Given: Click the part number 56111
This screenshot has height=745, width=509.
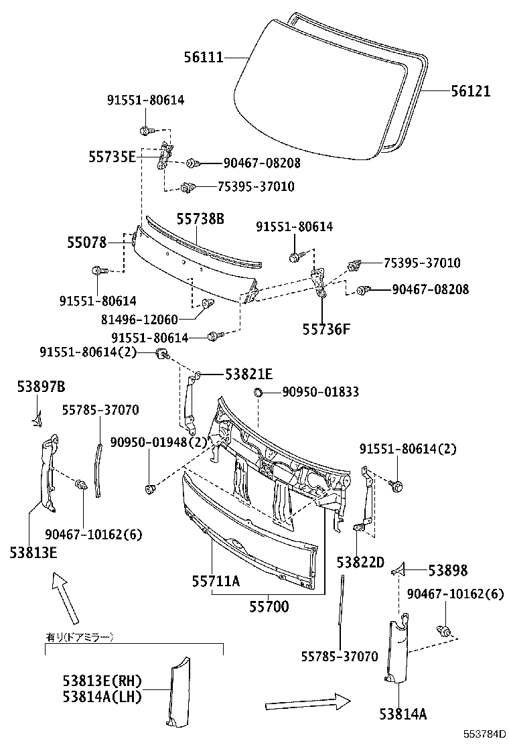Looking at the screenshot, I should click(x=204, y=58).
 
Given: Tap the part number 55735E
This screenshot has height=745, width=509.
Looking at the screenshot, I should click(x=112, y=157).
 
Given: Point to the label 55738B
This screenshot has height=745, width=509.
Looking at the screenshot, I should click(x=200, y=218).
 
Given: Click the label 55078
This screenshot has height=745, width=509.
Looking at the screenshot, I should click(x=86, y=243).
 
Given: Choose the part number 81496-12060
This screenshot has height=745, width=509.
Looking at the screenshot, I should click(x=149, y=320).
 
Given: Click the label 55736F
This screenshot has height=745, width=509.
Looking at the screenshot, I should click(x=326, y=329).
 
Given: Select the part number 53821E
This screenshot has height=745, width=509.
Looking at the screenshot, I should click(x=248, y=374).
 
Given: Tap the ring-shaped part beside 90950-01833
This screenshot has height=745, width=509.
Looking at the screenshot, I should click(x=257, y=391).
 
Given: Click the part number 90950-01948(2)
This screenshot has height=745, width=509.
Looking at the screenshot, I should click(x=150, y=442).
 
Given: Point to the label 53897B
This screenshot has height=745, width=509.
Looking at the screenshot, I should click(x=41, y=387).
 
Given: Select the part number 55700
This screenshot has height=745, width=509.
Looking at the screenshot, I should click(x=269, y=607).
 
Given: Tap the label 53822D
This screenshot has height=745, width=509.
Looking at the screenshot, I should click(x=360, y=562).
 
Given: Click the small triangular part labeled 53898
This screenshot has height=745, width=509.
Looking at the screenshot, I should click(x=399, y=569).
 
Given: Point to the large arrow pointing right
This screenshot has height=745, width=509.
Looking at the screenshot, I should click(x=307, y=703).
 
